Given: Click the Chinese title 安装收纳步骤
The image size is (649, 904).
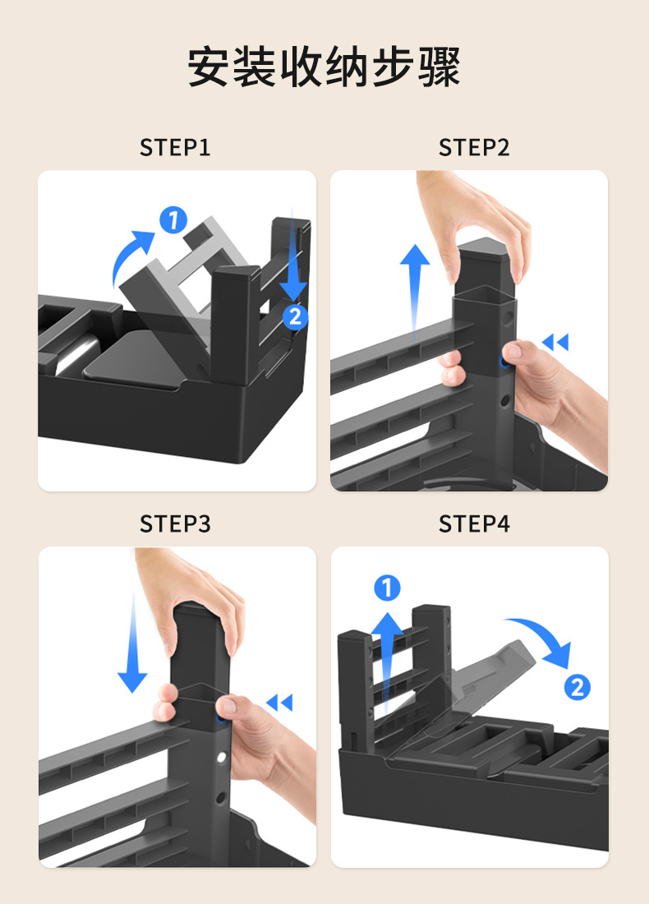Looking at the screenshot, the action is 324,67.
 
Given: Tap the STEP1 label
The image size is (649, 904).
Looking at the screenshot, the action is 175,148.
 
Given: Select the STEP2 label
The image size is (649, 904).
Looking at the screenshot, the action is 474,148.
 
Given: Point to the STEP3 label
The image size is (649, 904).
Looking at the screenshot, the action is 175,524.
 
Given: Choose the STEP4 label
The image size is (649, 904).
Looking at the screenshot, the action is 474,524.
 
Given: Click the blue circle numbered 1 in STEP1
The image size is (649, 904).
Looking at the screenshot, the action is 173,219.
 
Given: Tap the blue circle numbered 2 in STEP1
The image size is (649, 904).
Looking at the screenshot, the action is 295,316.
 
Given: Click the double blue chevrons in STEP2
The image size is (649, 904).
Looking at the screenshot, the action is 555,342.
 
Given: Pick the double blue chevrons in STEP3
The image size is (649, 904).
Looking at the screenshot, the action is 279,702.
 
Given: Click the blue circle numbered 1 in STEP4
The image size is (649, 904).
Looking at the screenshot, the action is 387,588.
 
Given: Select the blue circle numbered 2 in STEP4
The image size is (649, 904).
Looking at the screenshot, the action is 577,687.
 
